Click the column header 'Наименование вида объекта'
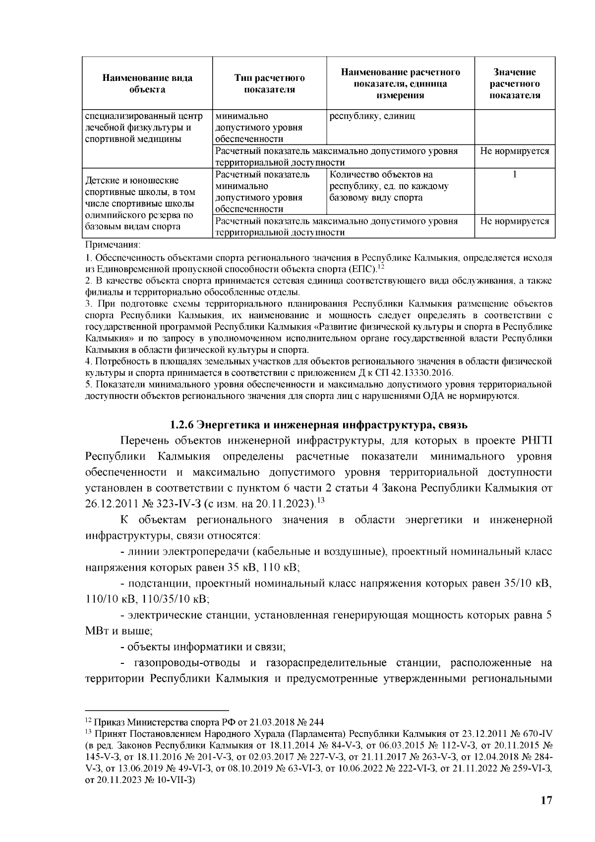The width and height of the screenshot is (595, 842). tap(147, 83)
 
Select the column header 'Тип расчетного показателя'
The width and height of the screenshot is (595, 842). tap(269, 83)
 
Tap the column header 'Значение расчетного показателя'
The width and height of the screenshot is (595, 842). tap(515, 83)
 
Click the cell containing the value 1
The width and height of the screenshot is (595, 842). tap(515, 175)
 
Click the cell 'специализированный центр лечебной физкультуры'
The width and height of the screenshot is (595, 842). tap(144, 128)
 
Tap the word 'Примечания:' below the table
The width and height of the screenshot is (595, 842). tap(113, 245)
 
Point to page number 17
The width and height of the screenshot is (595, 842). tap(546, 800)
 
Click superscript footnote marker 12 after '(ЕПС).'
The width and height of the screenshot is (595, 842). tap(381, 267)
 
